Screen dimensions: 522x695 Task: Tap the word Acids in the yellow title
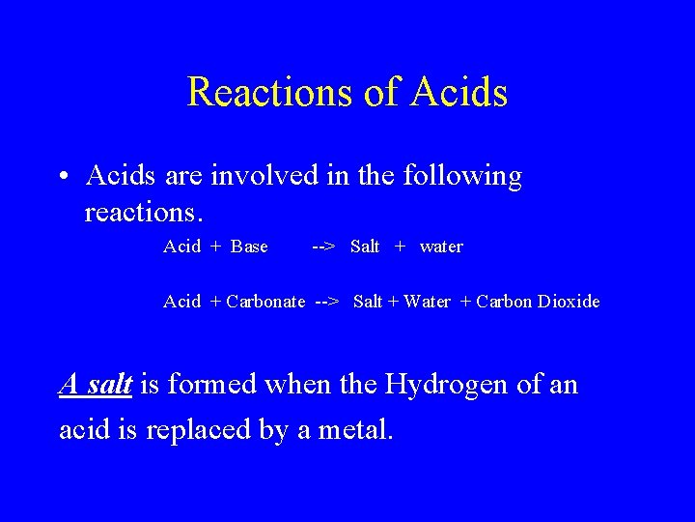[459, 92]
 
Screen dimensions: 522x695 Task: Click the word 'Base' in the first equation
[250, 246]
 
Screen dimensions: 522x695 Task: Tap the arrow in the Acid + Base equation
[323, 246]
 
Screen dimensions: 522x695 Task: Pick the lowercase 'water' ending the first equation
[441, 246]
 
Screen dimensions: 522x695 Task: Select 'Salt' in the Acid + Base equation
[365, 246]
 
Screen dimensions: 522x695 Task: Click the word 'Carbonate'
[265, 302]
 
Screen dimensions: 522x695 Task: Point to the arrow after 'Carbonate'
[327, 302]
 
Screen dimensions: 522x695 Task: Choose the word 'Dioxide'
[569, 302]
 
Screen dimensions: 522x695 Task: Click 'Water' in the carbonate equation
[427, 302]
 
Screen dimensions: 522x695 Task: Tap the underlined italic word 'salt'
[109, 385]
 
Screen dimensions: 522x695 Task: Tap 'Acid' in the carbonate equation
[182, 302]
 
